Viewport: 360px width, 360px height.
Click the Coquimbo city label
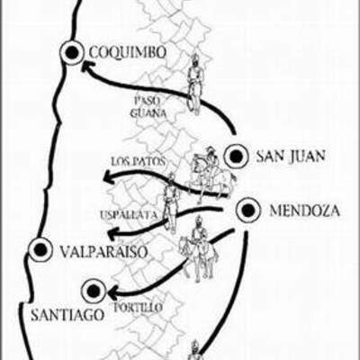coord(128,54)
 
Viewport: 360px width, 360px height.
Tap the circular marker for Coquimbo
coord(71,54)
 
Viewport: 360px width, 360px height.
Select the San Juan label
coord(291,157)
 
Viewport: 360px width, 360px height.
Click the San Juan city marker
coord(236,157)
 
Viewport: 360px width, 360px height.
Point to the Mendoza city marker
coord(247,211)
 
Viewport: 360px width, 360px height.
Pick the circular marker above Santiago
coord(94,291)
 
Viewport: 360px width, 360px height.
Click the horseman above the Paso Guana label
coord(193,81)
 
